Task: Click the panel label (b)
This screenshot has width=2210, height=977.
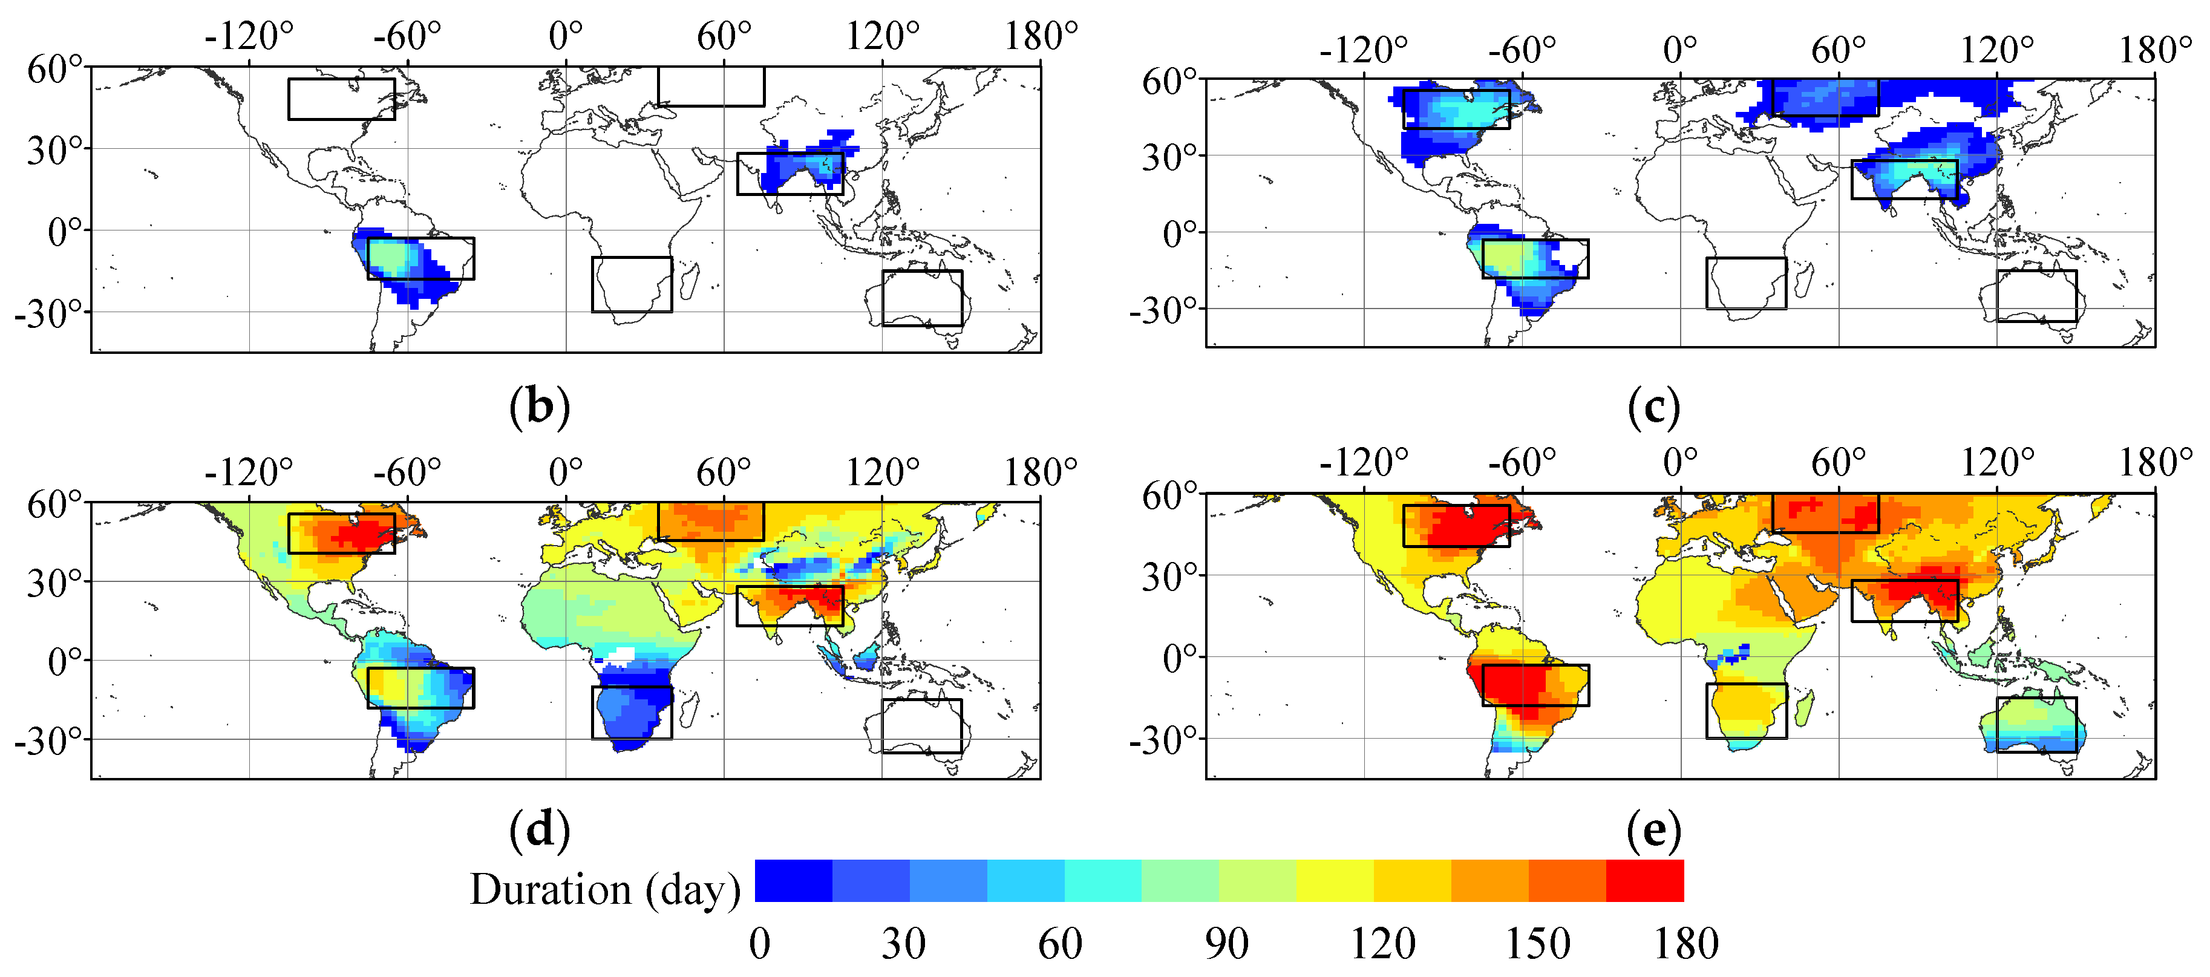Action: [539, 407]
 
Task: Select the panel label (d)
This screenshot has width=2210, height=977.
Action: [539, 831]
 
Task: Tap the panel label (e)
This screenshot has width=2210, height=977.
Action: [1653, 831]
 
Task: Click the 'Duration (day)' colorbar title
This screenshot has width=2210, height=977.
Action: [605, 889]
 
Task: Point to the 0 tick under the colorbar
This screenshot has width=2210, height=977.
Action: [759, 944]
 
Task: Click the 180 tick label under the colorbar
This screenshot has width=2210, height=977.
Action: [1686, 944]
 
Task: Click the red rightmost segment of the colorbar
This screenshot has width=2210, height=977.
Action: [1644, 881]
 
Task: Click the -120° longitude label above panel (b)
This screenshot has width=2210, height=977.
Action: [249, 37]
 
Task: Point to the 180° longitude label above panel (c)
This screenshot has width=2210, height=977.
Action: [2154, 50]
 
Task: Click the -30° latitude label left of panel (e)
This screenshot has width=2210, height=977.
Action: [1163, 739]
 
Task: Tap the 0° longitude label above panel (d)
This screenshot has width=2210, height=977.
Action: [566, 472]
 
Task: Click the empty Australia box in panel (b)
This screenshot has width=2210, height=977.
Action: [922, 298]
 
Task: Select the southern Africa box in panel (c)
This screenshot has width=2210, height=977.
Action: [1746, 283]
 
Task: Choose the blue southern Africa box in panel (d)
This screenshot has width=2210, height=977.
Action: [632, 712]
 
